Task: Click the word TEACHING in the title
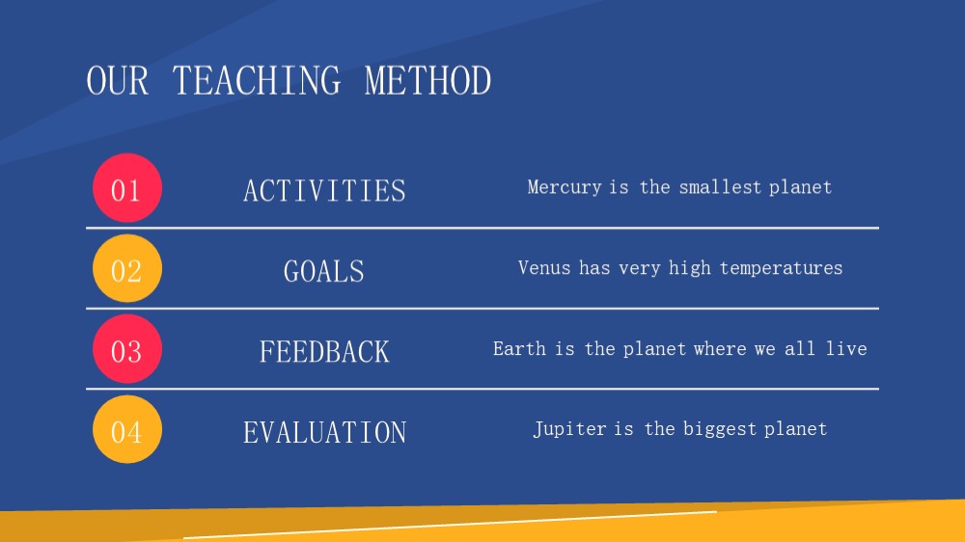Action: (256, 81)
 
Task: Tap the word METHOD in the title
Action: (427, 81)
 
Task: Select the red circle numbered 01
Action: (127, 188)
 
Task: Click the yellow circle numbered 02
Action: (127, 268)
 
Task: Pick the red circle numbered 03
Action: (127, 349)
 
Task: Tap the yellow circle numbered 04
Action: (127, 429)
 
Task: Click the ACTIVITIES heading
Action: (324, 191)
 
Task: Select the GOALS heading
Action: (323, 271)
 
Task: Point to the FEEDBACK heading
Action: (324, 352)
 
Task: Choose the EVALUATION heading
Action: (324, 432)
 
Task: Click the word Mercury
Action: (565, 187)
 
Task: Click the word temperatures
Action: (781, 268)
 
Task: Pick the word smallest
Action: (720, 187)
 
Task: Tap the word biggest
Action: (720, 429)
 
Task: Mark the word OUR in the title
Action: (118, 81)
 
